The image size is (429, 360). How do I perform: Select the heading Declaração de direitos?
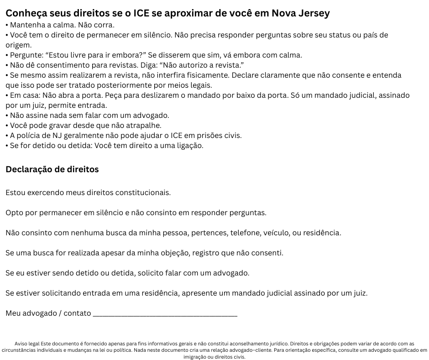(x=52, y=169)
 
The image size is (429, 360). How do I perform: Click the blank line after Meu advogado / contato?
(x=165, y=313)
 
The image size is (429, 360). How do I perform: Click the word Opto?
(x=14, y=212)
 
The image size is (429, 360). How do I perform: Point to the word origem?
(x=18, y=45)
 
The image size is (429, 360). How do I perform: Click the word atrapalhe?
(x=141, y=125)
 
